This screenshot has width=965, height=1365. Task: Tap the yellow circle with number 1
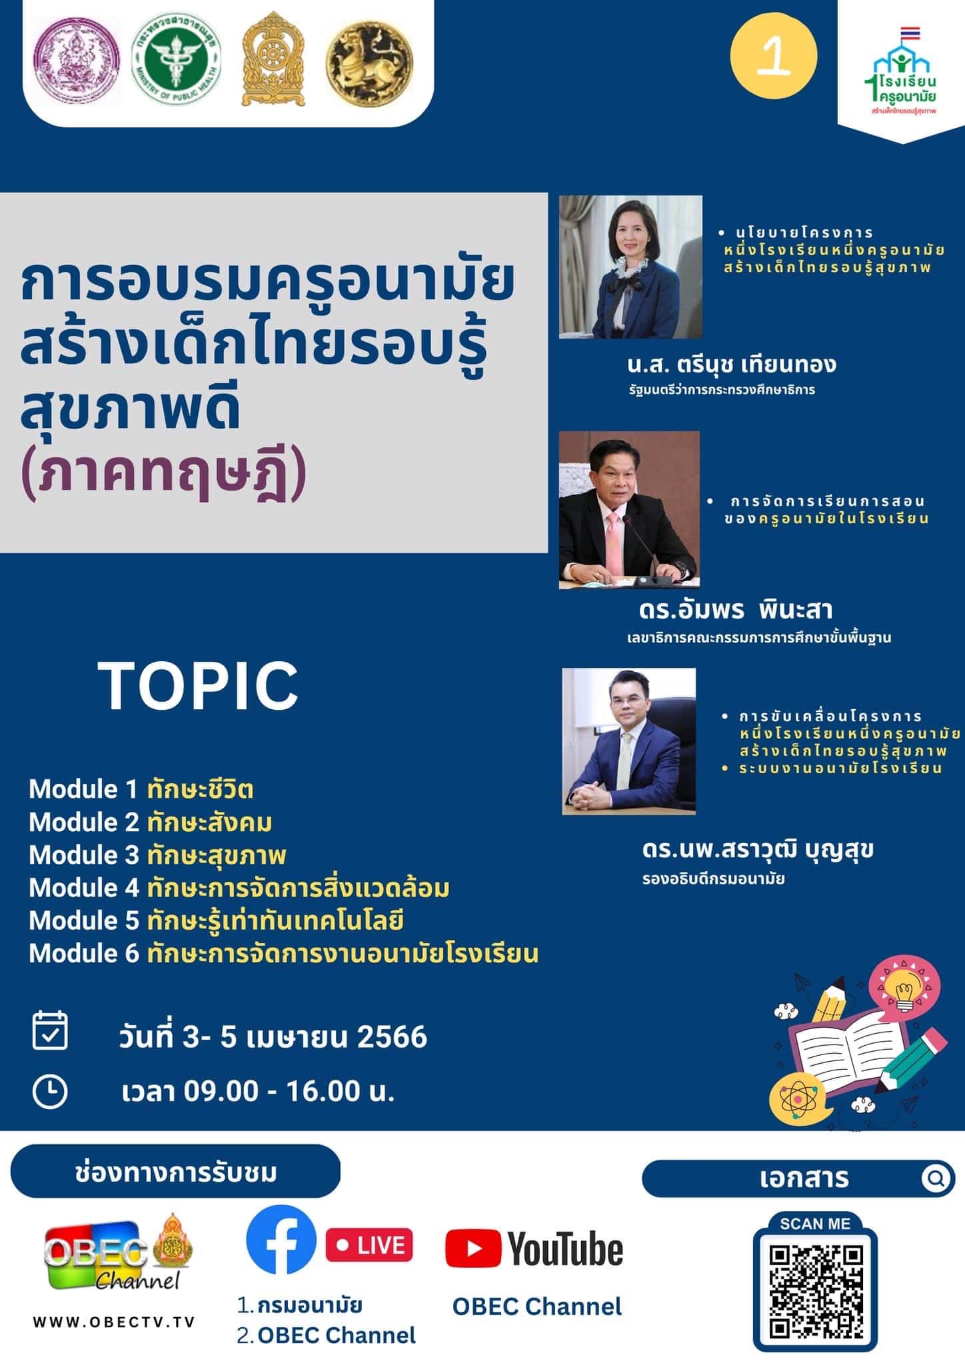click(x=773, y=56)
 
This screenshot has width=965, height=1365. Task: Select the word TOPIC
click(x=198, y=686)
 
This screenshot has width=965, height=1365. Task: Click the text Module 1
click(x=83, y=789)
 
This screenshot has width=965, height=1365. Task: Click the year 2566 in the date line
click(x=392, y=1037)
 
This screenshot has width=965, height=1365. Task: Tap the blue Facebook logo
click(x=281, y=1240)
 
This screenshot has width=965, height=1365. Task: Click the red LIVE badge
click(x=369, y=1245)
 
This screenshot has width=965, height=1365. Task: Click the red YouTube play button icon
click(x=473, y=1248)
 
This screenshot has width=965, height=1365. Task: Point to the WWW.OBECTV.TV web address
click(x=114, y=1322)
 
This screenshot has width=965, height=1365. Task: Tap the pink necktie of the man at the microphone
click(x=614, y=537)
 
